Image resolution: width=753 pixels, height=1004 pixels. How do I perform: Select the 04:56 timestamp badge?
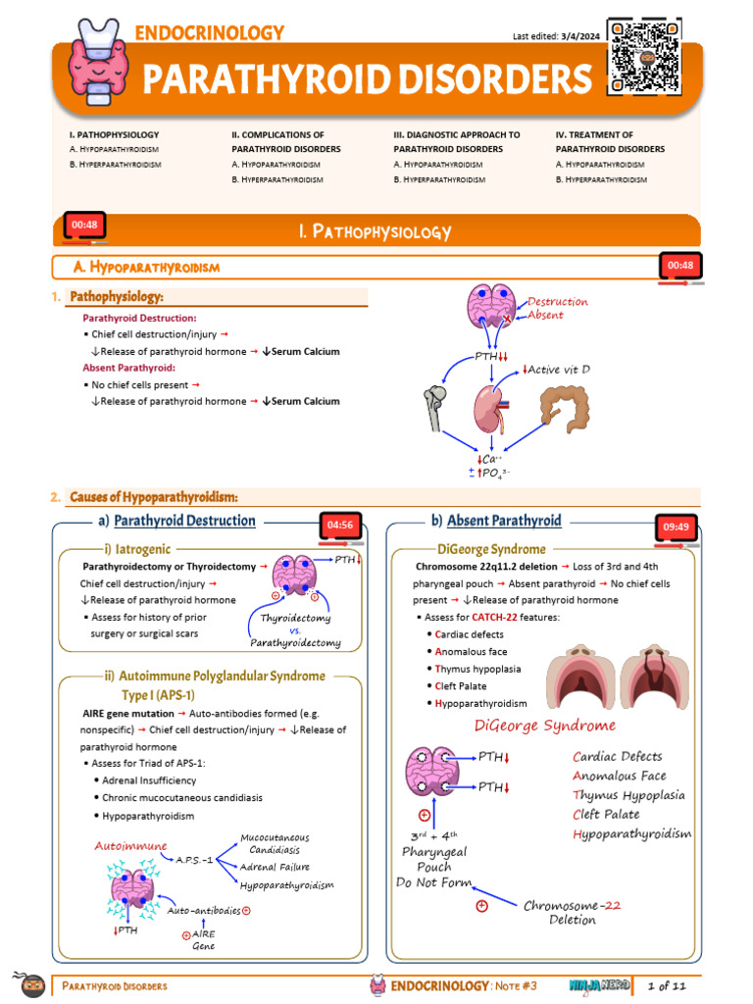(340, 526)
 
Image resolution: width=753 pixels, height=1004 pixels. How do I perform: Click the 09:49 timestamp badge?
(678, 527)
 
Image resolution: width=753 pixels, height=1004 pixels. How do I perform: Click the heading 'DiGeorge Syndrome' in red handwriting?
(544, 726)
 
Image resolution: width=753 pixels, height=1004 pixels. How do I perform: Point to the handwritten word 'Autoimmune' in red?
(130, 845)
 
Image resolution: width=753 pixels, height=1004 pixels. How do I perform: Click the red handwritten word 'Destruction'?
(558, 302)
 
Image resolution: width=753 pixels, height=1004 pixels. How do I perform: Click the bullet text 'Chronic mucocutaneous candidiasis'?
(182, 798)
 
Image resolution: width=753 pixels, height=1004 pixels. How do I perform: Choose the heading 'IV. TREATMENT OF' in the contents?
(593, 134)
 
